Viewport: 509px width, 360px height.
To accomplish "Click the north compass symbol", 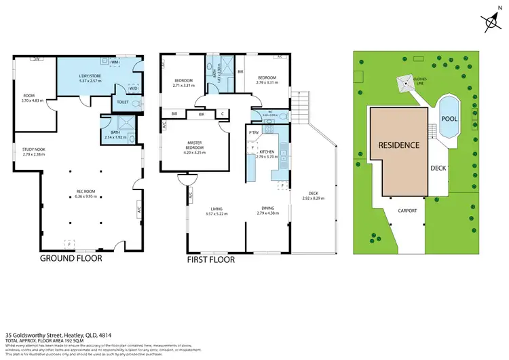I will (489, 22).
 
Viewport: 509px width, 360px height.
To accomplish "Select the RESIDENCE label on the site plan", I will (399, 145).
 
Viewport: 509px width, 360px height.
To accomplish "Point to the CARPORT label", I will (407, 211).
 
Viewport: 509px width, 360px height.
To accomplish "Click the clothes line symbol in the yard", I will (406, 83).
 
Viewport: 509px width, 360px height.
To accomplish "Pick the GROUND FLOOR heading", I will (73, 259).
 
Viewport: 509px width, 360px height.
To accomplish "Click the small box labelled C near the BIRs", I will (223, 114).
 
